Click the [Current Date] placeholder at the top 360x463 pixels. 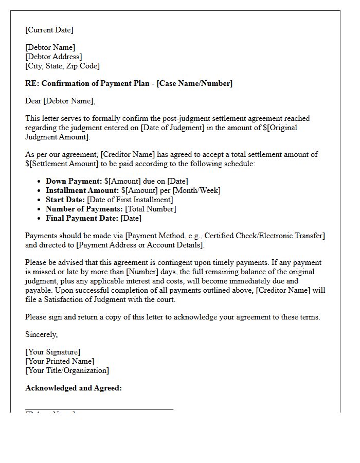(49, 30)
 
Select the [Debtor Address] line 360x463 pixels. (53, 57)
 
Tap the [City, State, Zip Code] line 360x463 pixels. (62, 66)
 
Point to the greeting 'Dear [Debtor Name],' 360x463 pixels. (60, 101)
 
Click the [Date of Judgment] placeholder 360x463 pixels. (172, 128)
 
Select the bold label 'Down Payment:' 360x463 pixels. (74, 181)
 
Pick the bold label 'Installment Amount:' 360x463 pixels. (82, 190)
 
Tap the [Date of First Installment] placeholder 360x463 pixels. (130, 200)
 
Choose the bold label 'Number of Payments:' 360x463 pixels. (84, 209)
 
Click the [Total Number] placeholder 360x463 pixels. (151, 209)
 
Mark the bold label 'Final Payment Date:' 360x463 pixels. (82, 218)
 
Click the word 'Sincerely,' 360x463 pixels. (42, 334)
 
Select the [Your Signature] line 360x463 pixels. (52, 352)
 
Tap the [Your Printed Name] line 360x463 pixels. (60, 361)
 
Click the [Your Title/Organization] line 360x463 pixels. (67, 370)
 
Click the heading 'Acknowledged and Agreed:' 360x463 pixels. (74, 388)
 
